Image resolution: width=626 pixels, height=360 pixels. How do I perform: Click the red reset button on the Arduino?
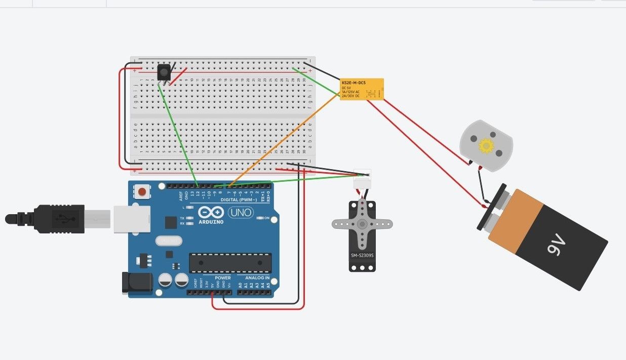point(143,192)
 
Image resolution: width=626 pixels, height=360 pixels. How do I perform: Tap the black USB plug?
point(58,219)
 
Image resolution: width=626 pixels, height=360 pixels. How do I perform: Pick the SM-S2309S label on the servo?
point(362,255)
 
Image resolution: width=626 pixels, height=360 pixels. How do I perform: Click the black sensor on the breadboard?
point(164,72)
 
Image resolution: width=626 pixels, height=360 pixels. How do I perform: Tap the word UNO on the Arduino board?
point(241,213)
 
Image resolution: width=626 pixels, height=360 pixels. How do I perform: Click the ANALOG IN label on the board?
point(257,278)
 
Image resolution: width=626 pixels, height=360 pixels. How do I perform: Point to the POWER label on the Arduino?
point(222,278)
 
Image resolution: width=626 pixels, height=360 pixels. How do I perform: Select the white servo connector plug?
point(362,174)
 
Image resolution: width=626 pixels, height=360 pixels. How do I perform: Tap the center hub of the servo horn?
point(362,223)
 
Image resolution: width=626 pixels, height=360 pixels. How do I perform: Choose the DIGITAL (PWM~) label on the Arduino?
point(239,199)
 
